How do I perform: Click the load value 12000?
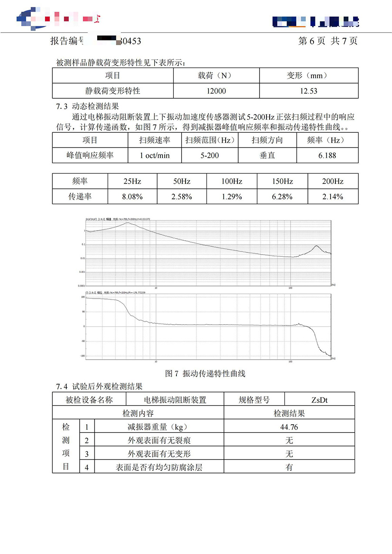216,91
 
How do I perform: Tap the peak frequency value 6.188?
327,155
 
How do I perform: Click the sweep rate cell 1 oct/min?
155,155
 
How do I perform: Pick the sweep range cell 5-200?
210,155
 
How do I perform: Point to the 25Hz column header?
132,181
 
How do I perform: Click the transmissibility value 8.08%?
132,197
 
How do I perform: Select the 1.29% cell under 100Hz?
231,197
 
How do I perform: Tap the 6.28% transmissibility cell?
282,197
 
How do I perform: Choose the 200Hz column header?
333,181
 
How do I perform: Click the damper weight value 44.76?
289,427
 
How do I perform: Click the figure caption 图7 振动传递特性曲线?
206,373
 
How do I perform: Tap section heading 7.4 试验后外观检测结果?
99,386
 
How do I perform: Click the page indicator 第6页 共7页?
328,41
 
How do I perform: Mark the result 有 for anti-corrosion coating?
289,467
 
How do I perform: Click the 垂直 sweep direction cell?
267,155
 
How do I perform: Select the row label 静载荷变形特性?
112,91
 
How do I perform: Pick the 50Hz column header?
182,181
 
